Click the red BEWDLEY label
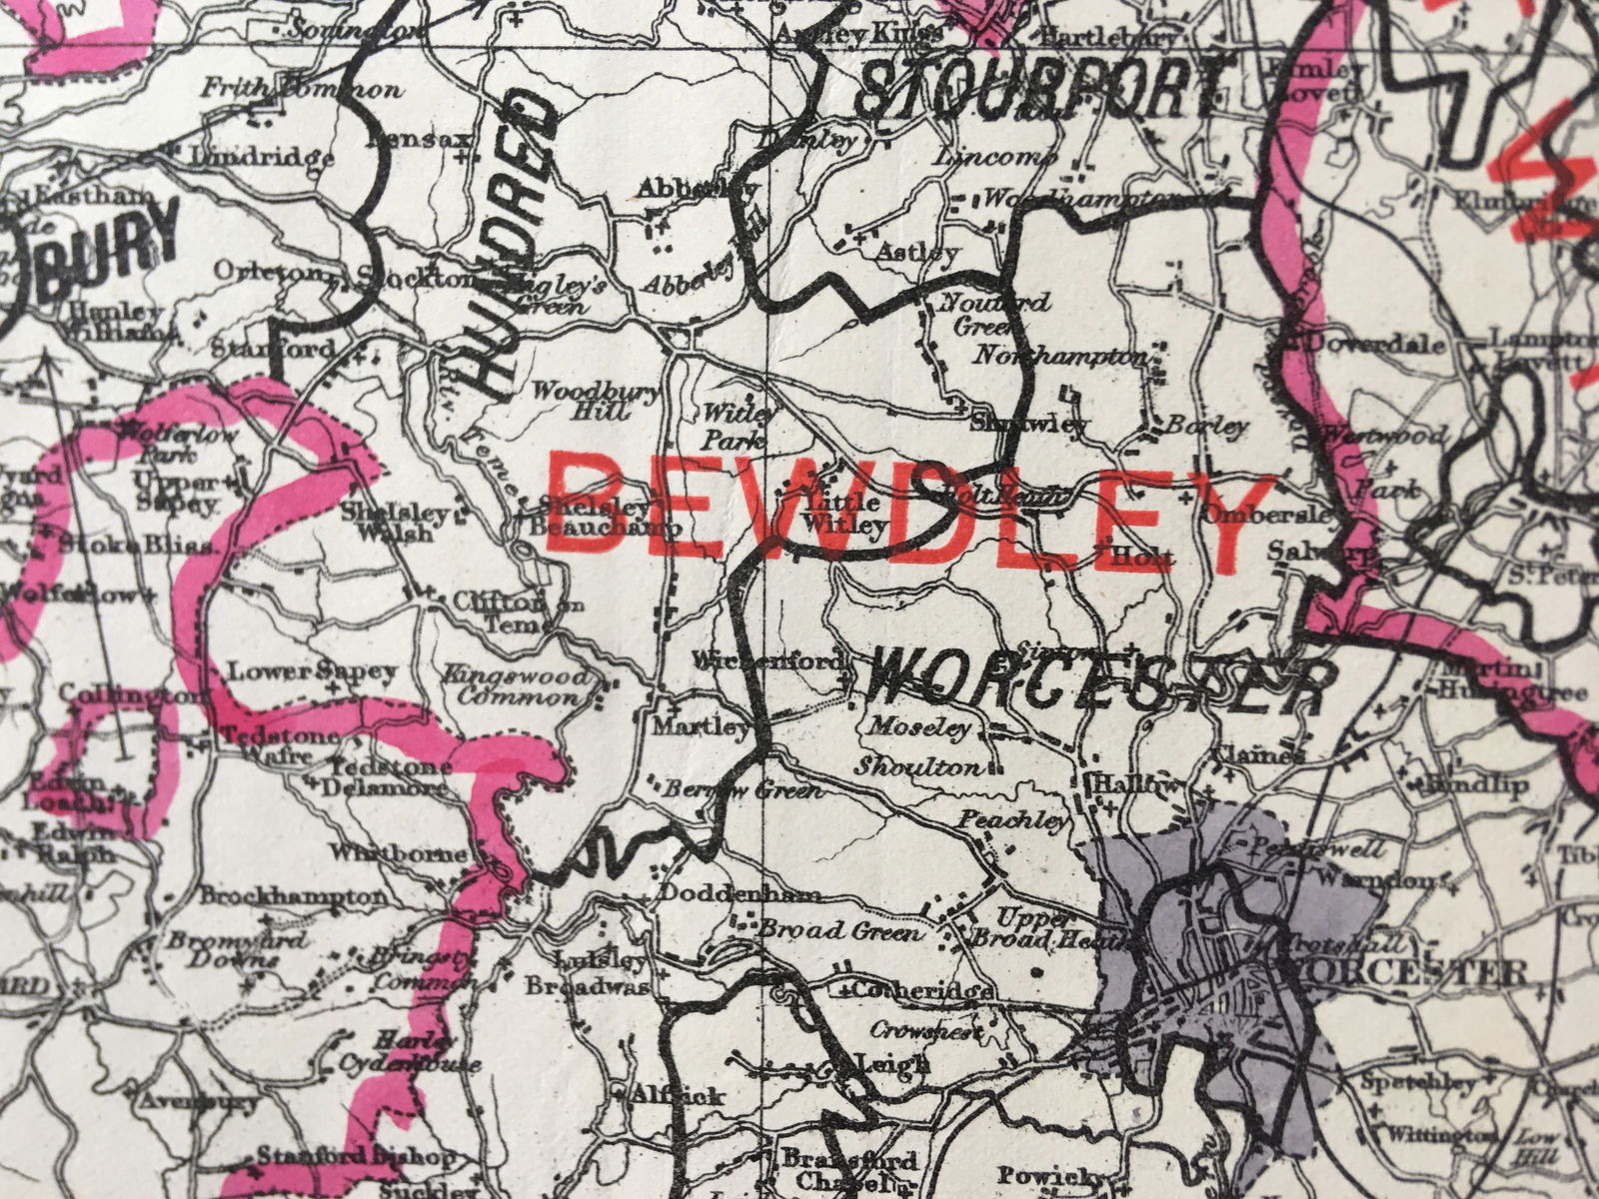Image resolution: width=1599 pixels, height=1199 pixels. pyautogui.click(x=909, y=515)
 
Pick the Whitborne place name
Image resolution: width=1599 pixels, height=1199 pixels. pyautogui.click(x=412, y=854)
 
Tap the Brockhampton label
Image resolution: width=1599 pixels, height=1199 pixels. pyautogui.click(x=292, y=896)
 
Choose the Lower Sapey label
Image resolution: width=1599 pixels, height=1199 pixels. pyautogui.click(x=313, y=671)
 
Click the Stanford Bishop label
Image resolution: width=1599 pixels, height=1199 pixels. pyautogui.click(x=355, y=1156)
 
